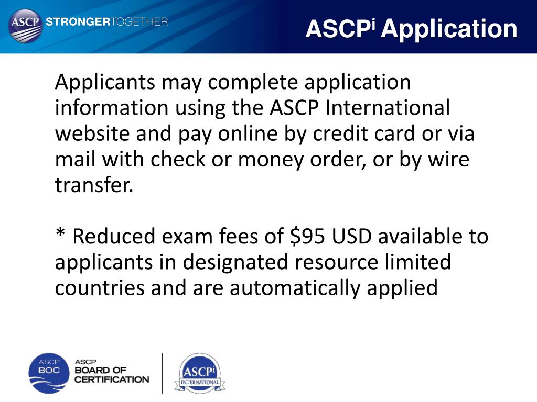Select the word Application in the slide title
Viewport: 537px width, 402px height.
pos(449,29)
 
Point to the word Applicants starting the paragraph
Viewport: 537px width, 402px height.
pos(105,83)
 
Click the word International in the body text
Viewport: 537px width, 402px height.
pos(388,108)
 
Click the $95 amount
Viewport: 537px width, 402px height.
pos(310,236)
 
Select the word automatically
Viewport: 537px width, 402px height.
pos(304,287)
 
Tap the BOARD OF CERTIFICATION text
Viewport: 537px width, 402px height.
pos(112,373)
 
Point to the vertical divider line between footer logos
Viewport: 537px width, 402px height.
pos(163,373)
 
